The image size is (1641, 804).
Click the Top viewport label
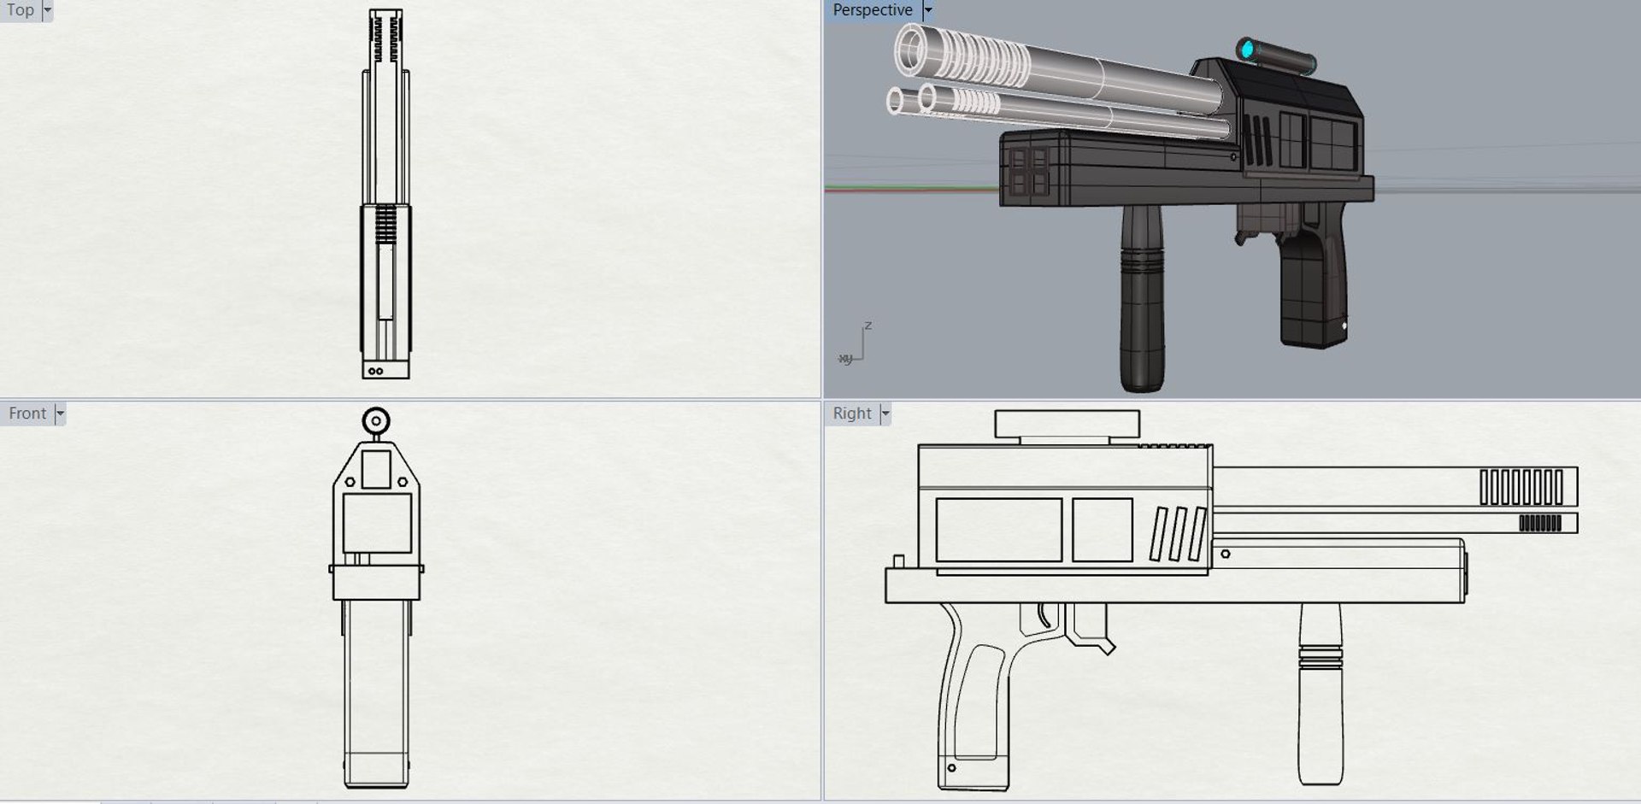click(20, 10)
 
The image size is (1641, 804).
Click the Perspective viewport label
click(872, 10)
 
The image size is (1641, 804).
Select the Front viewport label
click(27, 414)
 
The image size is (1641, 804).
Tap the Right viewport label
click(851, 414)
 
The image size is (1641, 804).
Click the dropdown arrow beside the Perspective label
click(928, 10)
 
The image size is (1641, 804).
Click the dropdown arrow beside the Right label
click(885, 414)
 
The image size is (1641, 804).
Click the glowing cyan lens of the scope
click(1247, 49)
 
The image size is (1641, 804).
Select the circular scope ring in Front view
click(376, 421)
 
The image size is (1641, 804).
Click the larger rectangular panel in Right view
click(998, 530)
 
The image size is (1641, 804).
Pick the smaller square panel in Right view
click(1102, 530)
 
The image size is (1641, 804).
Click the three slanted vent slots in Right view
click(1178, 535)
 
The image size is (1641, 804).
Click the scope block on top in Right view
click(1067, 424)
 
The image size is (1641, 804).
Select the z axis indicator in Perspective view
click(868, 326)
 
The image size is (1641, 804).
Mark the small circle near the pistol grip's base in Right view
click(952, 768)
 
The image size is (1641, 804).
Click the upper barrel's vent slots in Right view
click(1521, 487)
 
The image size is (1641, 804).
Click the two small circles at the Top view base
click(375, 371)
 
